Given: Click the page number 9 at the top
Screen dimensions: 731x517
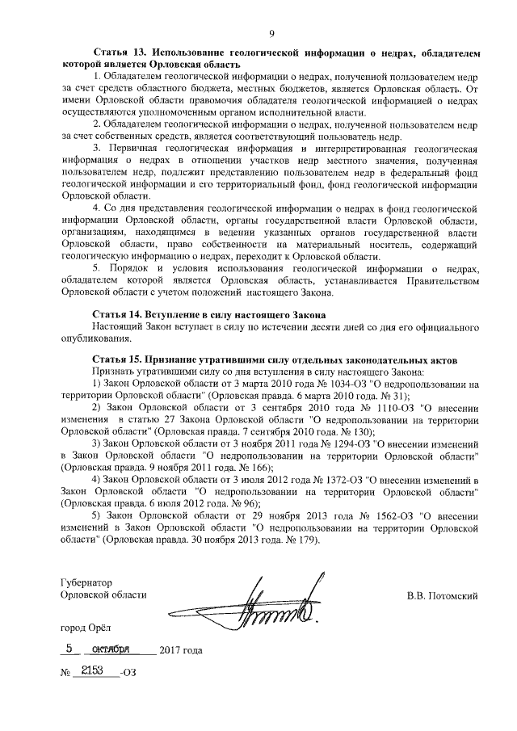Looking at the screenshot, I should [x=271, y=32].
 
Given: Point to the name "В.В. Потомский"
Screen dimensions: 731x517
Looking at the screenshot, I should [x=443, y=596].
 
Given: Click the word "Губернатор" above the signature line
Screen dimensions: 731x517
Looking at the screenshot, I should [x=86, y=582].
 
